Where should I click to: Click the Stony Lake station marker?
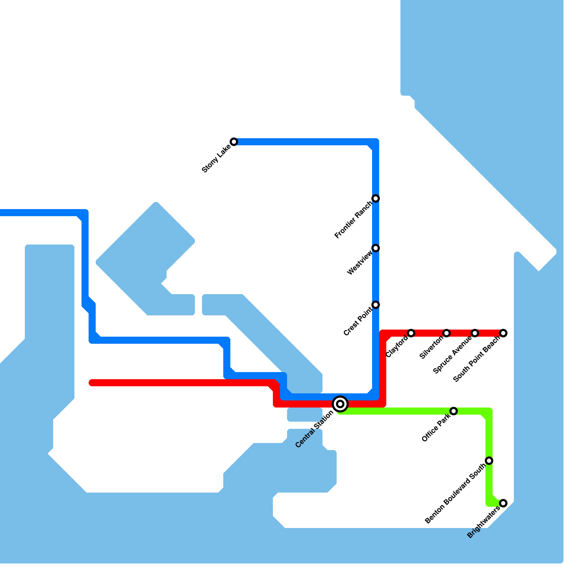234,142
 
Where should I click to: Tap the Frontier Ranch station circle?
376,198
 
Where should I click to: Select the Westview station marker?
376,248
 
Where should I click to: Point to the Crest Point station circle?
376,305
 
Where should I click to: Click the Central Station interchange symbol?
340,404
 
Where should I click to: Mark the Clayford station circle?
411,333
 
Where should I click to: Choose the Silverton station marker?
447,333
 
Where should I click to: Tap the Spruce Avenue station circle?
475,333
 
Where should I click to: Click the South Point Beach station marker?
503,333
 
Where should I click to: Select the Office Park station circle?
454,411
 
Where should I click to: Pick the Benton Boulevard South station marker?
489,461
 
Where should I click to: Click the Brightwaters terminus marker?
503,503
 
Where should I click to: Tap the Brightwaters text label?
483,522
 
